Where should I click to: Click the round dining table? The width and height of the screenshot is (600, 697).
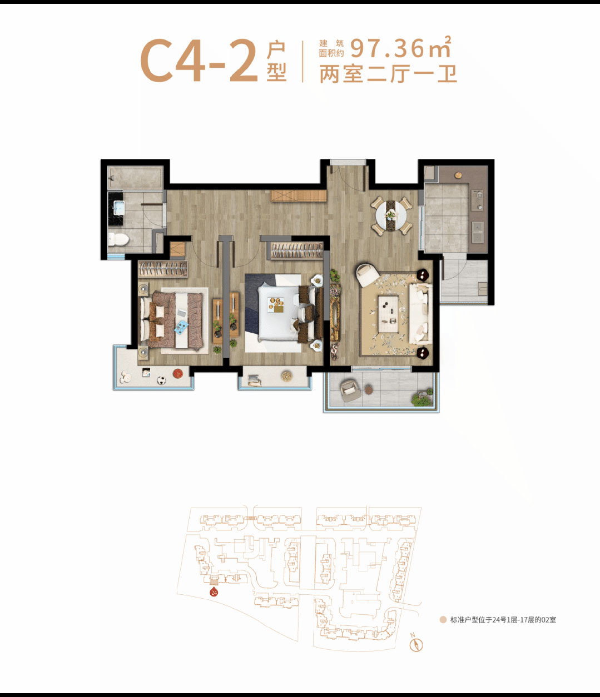click(391, 216)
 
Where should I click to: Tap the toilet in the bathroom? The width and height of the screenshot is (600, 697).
click(118, 239)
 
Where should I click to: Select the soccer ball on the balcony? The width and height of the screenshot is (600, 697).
click(161, 380)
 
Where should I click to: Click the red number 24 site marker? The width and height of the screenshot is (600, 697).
click(214, 592)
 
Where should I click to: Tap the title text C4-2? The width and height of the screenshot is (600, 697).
click(199, 61)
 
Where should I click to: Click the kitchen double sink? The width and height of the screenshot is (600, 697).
click(477, 232)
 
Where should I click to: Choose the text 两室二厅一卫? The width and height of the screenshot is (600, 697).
click(388, 74)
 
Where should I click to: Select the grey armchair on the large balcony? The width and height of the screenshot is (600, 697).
click(350, 390)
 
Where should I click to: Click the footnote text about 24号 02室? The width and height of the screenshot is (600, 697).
click(503, 620)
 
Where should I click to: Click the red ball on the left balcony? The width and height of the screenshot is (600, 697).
click(177, 373)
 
